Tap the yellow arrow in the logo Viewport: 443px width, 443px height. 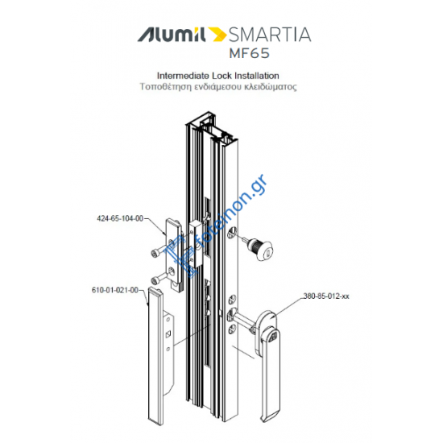tap(217, 34)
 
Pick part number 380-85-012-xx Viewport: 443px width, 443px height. tap(326, 296)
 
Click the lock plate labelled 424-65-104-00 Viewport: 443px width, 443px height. tap(175, 250)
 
